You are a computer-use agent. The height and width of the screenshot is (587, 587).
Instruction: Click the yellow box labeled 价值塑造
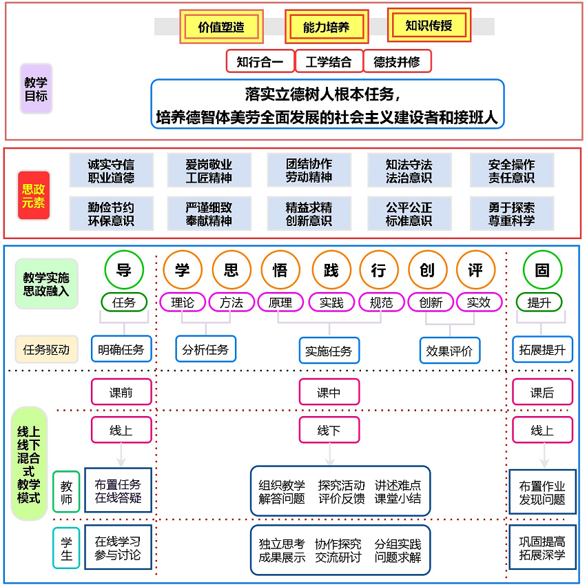[x=221, y=28]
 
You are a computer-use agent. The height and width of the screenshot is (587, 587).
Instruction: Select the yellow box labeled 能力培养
[x=327, y=28]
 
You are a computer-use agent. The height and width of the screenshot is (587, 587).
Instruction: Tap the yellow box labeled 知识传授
[x=429, y=25]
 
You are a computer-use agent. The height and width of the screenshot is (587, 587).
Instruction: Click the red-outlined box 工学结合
[x=329, y=61]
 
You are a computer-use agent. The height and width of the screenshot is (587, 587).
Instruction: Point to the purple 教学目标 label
[x=36, y=88]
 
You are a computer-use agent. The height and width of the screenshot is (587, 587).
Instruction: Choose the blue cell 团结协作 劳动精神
[x=309, y=170]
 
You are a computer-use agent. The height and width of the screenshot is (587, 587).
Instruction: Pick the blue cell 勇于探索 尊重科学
[x=511, y=214]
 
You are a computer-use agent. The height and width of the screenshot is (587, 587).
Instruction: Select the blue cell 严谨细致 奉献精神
[x=209, y=214]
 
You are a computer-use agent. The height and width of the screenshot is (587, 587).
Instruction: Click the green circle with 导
[x=124, y=269]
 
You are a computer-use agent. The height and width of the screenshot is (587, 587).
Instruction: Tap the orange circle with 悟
[x=280, y=269]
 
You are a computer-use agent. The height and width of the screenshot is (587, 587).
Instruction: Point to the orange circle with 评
[x=475, y=269]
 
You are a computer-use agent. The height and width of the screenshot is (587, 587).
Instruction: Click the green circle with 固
[x=542, y=269]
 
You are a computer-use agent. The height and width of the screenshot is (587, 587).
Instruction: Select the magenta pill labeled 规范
[x=381, y=302]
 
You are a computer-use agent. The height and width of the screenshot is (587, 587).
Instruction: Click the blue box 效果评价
[x=449, y=350]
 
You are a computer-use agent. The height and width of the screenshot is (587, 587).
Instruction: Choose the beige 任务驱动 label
[x=46, y=349]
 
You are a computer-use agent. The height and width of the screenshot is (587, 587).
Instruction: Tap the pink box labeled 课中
[x=329, y=393]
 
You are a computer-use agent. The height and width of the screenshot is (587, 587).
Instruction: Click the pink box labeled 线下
[x=329, y=431]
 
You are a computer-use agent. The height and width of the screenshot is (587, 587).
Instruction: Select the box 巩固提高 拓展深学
[x=542, y=548]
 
